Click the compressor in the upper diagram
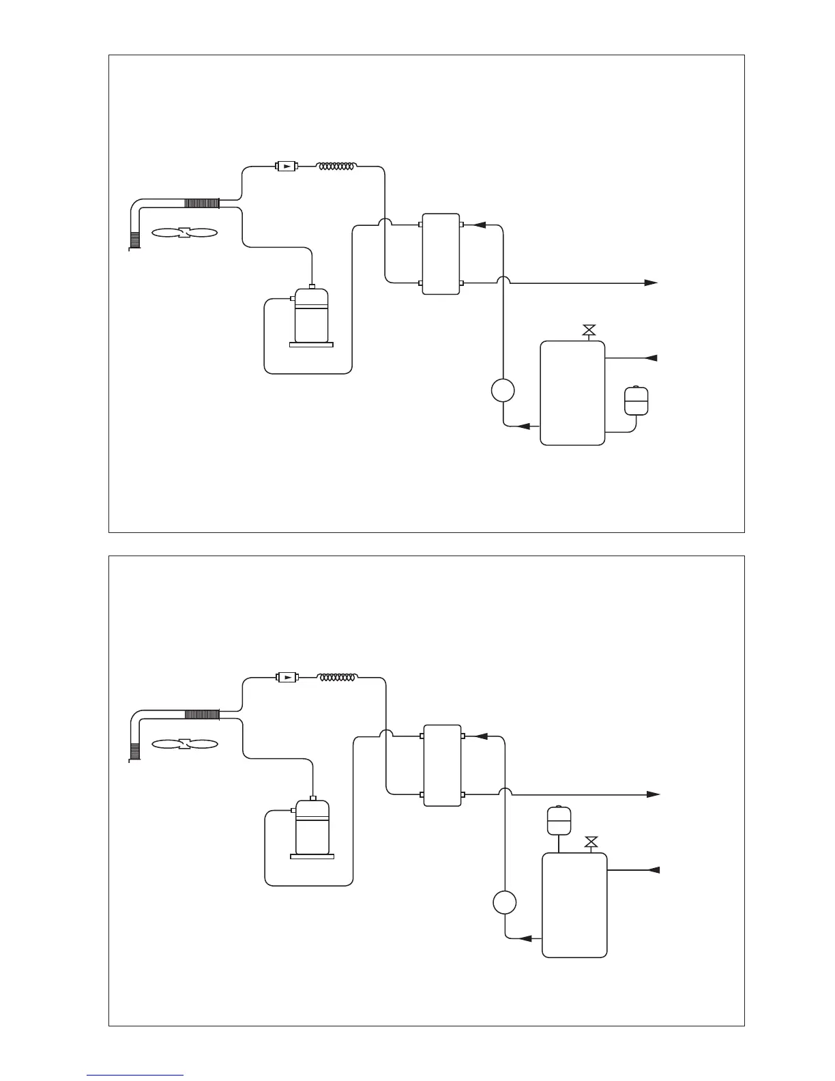[311, 315]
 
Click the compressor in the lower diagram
[312, 827]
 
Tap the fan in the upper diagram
[184, 233]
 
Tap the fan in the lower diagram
[184, 745]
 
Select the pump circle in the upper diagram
[503, 391]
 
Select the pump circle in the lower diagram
[505, 903]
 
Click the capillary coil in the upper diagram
[337, 166]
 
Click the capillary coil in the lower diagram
[338, 678]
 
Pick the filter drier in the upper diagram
[286, 166]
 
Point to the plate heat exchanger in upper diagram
[441, 254]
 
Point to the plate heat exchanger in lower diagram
[442, 765]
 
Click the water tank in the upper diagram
[572, 393]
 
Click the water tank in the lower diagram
[574, 905]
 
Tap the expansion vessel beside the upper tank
[636, 401]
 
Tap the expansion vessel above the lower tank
[559, 820]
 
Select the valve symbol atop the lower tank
[591, 843]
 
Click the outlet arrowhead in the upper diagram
[651, 283]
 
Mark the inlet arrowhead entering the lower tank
[653, 870]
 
